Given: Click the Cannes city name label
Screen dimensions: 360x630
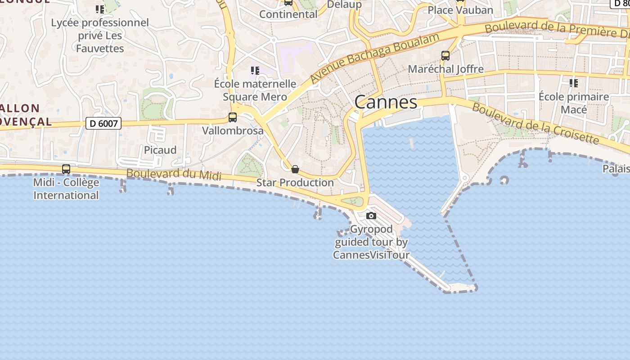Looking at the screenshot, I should (x=386, y=102).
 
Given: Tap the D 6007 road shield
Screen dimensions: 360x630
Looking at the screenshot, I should (x=103, y=123).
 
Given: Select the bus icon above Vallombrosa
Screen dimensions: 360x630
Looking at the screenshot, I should (x=233, y=117).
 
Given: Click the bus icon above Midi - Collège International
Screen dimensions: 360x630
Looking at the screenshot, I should (x=66, y=169).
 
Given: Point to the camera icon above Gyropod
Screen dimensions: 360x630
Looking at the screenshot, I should (x=371, y=216).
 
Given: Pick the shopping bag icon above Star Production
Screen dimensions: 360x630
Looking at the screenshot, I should (x=295, y=169).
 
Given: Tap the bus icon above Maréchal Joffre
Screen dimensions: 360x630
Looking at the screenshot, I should (x=445, y=56).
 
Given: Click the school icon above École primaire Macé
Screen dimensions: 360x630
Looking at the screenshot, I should (x=574, y=83).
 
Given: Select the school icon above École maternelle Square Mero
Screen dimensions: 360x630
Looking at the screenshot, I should (x=255, y=70).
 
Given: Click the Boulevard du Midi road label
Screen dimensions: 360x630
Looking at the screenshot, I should (x=174, y=174).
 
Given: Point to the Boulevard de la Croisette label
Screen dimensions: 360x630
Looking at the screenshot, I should (x=535, y=124).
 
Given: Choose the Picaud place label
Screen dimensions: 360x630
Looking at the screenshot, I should (x=160, y=150).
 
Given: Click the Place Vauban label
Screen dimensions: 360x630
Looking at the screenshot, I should (x=460, y=10).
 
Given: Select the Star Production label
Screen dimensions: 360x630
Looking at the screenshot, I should (x=295, y=182).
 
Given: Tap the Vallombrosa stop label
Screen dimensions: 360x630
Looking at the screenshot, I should (x=233, y=130).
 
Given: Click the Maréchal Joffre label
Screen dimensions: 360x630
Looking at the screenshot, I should (x=445, y=69).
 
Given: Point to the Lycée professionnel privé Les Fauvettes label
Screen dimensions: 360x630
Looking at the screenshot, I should (x=100, y=35).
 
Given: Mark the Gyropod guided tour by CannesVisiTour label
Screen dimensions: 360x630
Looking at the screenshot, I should (x=371, y=242).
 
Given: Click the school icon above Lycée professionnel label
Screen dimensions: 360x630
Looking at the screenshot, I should (x=100, y=9).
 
